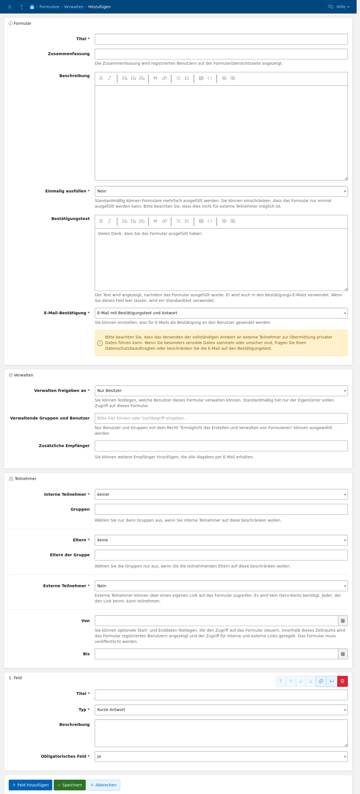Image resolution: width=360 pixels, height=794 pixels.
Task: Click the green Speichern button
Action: tap(69, 785)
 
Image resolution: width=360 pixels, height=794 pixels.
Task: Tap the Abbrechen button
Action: tap(103, 785)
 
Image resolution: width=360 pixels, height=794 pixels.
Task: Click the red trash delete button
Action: tap(342, 681)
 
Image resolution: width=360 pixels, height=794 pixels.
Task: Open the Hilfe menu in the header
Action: tap(338, 7)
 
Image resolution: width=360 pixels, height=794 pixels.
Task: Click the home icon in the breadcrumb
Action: tap(32, 7)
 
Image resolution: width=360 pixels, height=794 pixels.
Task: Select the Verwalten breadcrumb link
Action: tap(74, 7)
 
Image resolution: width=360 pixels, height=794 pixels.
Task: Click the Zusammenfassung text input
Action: tap(221, 54)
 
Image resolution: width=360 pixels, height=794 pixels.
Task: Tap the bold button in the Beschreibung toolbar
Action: tap(101, 78)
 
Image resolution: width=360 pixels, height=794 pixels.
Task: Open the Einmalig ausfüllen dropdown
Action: tap(221, 191)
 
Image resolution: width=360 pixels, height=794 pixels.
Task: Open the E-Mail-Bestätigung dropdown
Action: tap(221, 313)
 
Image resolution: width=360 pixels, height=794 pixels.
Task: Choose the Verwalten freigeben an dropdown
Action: tap(221, 391)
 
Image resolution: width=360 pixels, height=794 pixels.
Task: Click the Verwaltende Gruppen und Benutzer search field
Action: tap(221, 418)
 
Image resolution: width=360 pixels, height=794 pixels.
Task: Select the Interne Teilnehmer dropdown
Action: tap(221, 494)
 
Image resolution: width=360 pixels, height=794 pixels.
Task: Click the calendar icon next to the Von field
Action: tap(343, 621)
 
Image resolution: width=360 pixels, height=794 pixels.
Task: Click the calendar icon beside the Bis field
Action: tap(343, 654)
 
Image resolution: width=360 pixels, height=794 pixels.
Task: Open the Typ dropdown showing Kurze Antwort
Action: tap(221, 710)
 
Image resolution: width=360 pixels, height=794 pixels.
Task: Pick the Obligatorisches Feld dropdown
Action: tap(221, 756)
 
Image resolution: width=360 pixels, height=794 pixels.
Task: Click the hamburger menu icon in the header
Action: tap(10, 7)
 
